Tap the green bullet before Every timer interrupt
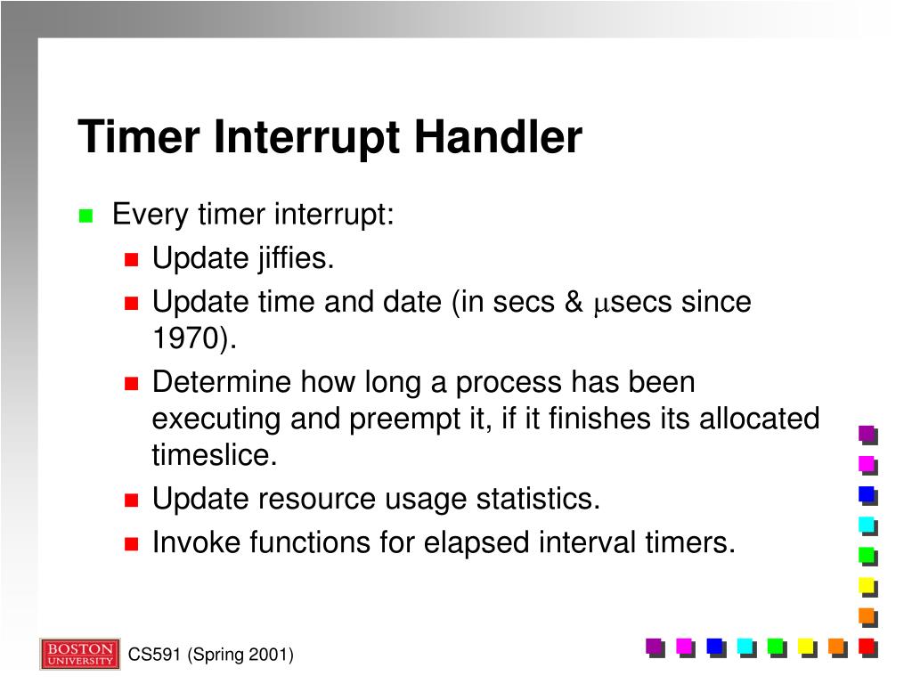(x=85, y=216)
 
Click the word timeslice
(x=214, y=455)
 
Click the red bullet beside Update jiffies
(x=132, y=260)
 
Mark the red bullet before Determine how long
(x=132, y=384)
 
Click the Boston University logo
(x=79, y=655)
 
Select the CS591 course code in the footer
(x=154, y=655)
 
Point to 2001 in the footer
(x=268, y=655)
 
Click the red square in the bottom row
(x=866, y=646)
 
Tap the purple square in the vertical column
(x=866, y=434)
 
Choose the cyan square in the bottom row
(x=745, y=646)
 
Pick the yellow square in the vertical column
(x=866, y=585)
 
